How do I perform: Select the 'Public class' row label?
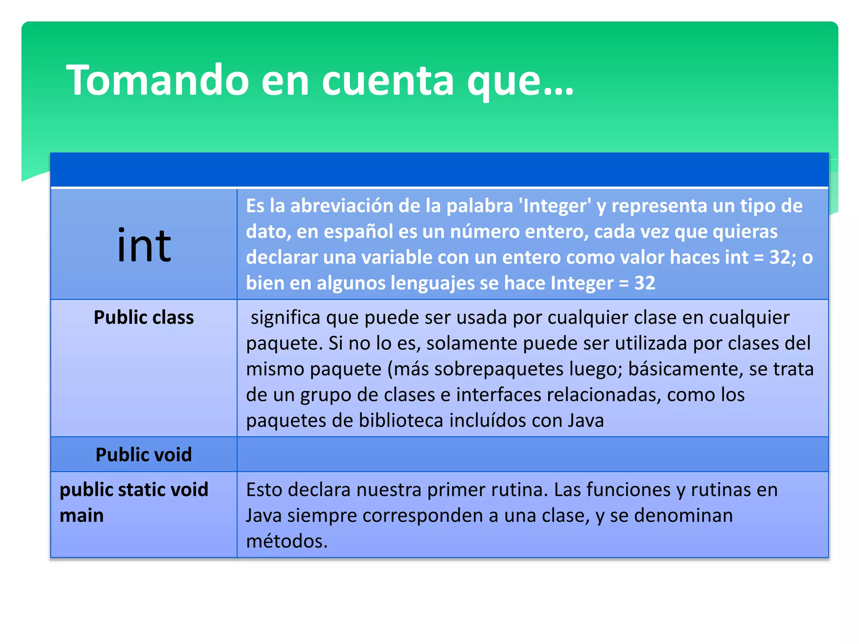(144, 317)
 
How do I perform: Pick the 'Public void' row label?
(144, 454)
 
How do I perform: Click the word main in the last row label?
(81, 515)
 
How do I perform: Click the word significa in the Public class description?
(285, 317)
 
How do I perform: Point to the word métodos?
(286, 541)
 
